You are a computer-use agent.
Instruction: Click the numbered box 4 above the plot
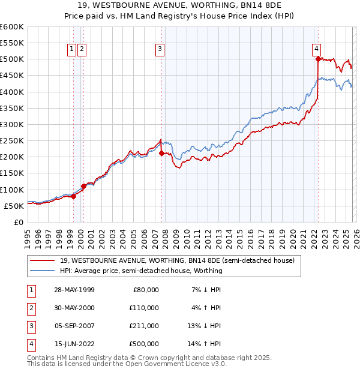point(316,49)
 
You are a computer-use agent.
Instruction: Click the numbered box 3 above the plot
point(160,49)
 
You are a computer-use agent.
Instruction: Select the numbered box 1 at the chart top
point(72,49)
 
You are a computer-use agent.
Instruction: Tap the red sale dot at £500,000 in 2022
point(318,59)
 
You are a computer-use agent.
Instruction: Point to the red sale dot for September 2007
point(161,154)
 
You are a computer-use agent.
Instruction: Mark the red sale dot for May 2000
point(83,186)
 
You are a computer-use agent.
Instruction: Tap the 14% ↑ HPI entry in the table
point(205,344)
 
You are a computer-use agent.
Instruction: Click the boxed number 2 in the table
point(31,308)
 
